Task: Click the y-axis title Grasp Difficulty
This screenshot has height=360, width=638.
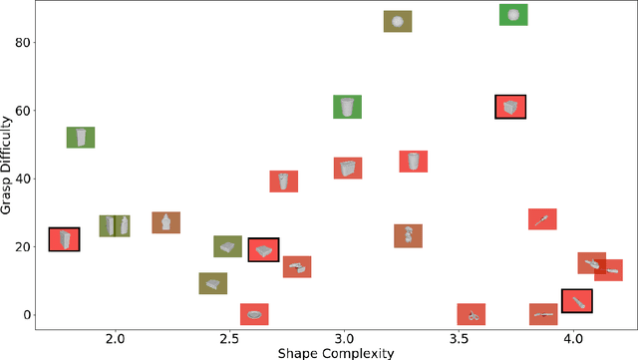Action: click(8, 165)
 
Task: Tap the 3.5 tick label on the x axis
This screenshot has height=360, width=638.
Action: click(459, 339)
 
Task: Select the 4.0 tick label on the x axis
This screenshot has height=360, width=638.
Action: click(573, 339)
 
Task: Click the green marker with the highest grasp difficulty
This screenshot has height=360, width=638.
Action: click(513, 15)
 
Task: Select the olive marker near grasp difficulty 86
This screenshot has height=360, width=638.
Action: click(398, 21)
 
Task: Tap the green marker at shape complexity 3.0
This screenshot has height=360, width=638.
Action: click(347, 107)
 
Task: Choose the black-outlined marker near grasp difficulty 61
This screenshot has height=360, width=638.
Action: click(510, 107)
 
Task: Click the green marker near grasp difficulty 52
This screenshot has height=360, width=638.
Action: click(81, 138)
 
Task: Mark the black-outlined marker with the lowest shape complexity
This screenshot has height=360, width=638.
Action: click(65, 239)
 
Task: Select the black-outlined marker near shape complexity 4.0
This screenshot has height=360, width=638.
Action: click(577, 300)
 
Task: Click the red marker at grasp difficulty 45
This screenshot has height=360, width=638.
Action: click(414, 162)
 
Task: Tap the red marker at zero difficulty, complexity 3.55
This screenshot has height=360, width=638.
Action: click(472, 315)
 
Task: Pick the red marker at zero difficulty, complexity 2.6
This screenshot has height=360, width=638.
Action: click(254, 315)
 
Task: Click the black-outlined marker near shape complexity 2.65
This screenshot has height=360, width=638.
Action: click(263, 249)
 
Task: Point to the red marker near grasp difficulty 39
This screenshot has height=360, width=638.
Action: click(284, 181)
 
